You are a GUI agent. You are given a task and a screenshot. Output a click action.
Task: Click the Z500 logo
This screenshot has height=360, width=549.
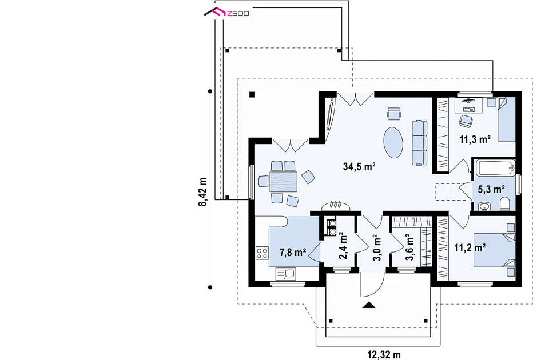(226, 13)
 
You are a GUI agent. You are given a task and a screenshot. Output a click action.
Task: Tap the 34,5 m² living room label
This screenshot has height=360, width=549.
(359, 166)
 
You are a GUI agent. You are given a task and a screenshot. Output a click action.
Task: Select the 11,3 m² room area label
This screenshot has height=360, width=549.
(475, 139)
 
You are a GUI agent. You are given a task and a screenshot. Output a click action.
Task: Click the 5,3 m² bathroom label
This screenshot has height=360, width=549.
(492, 190)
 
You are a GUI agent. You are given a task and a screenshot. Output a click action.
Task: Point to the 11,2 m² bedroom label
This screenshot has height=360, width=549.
(470, 248)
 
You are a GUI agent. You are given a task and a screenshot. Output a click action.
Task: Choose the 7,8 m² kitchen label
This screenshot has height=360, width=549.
(293, 252)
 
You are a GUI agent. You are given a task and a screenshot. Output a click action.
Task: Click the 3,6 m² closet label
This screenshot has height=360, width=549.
(409, 247)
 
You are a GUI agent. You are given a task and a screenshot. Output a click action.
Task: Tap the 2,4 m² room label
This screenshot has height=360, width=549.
(343, 246)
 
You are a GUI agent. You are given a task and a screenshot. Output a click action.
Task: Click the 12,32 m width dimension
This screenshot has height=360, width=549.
(384, 355)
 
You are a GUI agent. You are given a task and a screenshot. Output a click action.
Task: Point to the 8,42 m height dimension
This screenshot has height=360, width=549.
(202, 192)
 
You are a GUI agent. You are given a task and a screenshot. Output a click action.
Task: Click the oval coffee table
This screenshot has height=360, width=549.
(393, 142)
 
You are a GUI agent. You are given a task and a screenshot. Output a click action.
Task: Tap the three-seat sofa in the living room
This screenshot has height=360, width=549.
(419, 143)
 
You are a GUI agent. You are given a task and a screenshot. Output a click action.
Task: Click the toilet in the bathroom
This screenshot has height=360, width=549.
(505, 205)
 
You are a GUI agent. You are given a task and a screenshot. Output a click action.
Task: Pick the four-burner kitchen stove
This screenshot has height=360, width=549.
(262, 253)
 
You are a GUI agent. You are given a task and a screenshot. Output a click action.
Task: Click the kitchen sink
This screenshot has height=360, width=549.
(286, 274)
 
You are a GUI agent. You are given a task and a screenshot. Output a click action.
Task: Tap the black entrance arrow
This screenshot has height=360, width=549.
(369, 305)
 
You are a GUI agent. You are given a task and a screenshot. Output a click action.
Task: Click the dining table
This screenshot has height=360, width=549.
(284, 182)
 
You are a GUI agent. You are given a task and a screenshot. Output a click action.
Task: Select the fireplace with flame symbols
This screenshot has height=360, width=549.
(336, 206)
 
